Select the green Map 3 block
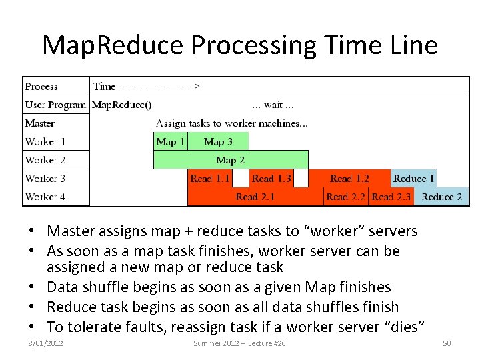pos(218,141)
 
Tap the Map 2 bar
pos(231,160)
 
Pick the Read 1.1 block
pos(209,178)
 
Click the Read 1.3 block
pos(271,178)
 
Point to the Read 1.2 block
pos(349,178)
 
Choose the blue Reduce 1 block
pos(414,178)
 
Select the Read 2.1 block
pos(255,197)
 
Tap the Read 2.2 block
pos(345,197)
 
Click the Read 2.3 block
pos(391,197)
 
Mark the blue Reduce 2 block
pos(441,197)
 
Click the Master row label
pos(40,123)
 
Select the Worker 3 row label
pos(45,178)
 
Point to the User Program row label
pos(55,105)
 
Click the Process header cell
pos(41,86)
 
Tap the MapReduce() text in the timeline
pos(121,105)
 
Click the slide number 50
pos(447,343)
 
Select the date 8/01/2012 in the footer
pos(46,343)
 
